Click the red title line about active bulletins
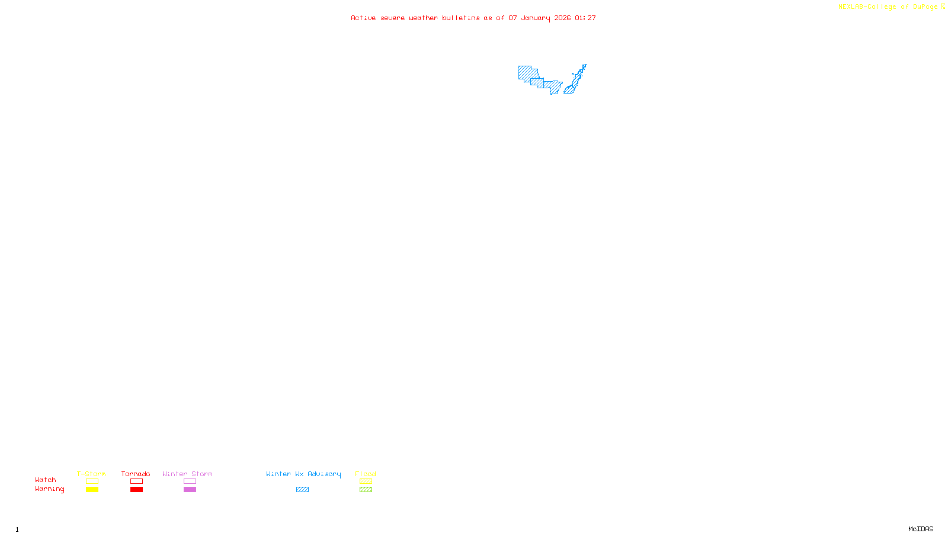(473, 18)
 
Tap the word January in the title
(535, 18)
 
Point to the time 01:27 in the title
(585, 18)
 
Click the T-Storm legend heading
(91, 474)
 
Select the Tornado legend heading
(136, 474)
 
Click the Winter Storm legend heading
(187, 474)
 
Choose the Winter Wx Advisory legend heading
(303, 474)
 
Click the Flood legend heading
(366, 474)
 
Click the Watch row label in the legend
(46, 480)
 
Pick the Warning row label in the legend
(50, 489)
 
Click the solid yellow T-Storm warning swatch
(92, 490)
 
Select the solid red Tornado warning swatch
(137, 490)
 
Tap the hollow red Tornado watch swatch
(137, 481)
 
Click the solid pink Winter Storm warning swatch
(190, 490)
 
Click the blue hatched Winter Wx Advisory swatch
(302, 490)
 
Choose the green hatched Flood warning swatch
(366, 490)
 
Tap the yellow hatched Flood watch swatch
(366, 481)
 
